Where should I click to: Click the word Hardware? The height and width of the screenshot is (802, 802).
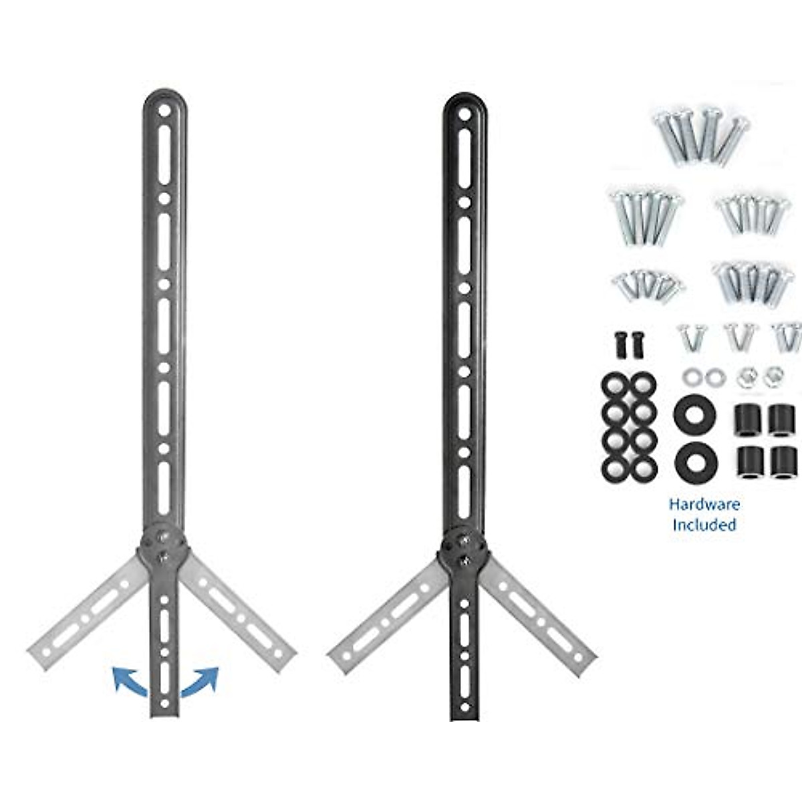pyautogui.click(x=704, y=504)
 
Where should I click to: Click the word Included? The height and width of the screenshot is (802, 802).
pyautogui.click(x=704, y=525)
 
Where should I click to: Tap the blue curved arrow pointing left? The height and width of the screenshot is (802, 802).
pyautogui.click(x=128, y=680)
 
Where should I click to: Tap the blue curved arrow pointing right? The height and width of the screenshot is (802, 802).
pyautogui.click(x=201, y=681)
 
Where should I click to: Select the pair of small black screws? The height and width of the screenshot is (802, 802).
pyautogui.click(x=624, y=343)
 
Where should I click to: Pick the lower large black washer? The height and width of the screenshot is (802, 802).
pyautogui.click(x=696, y=460)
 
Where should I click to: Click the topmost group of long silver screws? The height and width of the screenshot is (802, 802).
pyautogui.click(x=699, y=136)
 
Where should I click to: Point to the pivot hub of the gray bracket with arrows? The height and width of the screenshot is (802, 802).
pyautogui.click(x=164, y=544)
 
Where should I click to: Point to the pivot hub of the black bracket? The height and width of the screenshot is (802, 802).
pyautogui.click(x=464, y=545)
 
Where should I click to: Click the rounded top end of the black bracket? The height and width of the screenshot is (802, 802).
pyautogui.click(x=464, y=104)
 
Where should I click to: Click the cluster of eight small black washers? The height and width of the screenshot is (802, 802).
pyautogui.click(x=629, y=428)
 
